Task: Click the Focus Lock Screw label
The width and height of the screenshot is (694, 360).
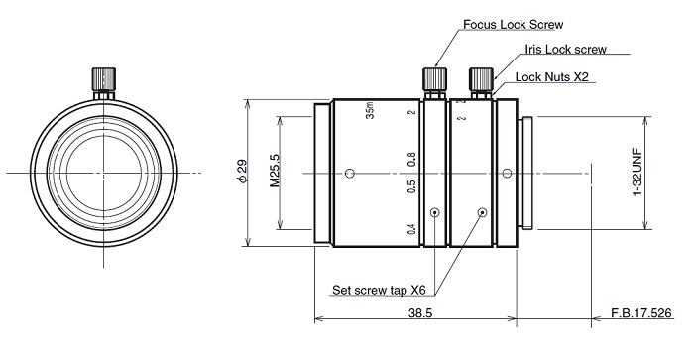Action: pyautogui.click(x=513, y=25)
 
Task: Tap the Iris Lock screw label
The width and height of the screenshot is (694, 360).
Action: pyautogui.click(x=566, y=49)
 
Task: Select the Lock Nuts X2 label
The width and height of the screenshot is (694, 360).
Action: pyautogui.click(x=552, y=77)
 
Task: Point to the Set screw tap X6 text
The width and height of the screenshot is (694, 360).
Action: pyautogui.click(x=379, y=290)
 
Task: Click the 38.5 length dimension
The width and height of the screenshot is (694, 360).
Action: pyautogui.click(x=420, y=313)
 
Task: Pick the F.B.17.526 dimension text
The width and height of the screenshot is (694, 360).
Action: pyautogui.click(x=641, y=313)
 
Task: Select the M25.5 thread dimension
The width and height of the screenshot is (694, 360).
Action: pyautogui.click(x=275, y=171)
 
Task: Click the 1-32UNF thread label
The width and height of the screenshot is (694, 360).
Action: pyautogui.click(x=637, y=172)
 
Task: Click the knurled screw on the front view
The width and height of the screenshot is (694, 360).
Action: pyautogui.click(x=104, y=78)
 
